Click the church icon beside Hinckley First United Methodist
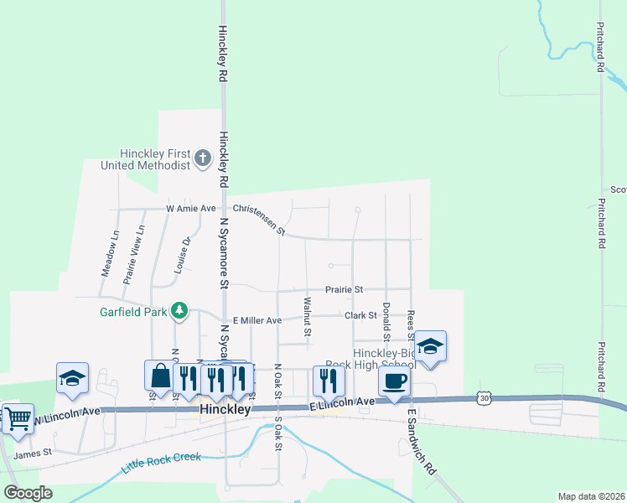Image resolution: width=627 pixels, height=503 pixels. (203, 158)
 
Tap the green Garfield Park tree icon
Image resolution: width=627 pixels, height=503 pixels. (179, 311)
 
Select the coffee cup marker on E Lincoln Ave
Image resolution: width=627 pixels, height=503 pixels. (394, 381)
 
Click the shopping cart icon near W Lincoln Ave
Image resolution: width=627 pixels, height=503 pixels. (18, 417)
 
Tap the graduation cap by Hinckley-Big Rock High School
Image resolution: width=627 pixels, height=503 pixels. (430, 345)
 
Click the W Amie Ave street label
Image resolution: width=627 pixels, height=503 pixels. (191, 208)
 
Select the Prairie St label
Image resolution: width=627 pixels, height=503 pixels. (345, 289)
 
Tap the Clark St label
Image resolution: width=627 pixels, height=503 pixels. (360, 315)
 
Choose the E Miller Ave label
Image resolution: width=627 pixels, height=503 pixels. (257, 320)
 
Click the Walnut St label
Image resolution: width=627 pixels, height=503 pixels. (308, 317)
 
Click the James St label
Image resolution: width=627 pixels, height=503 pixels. (34, 453)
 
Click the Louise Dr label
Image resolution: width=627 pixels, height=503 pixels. (186, 254)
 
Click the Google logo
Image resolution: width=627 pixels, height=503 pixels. (28, 492)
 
